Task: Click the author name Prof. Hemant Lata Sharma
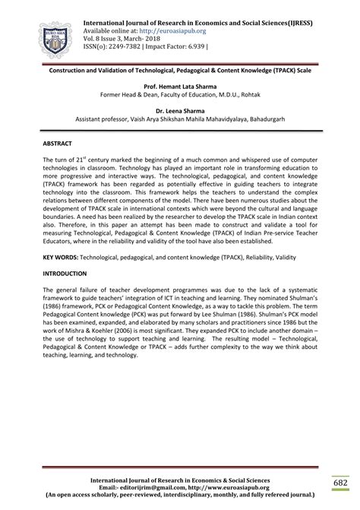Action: click(x=180, y=87)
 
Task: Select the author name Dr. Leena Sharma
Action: click(x=180, y=111)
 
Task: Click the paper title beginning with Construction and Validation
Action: click(x=180, y=69)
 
